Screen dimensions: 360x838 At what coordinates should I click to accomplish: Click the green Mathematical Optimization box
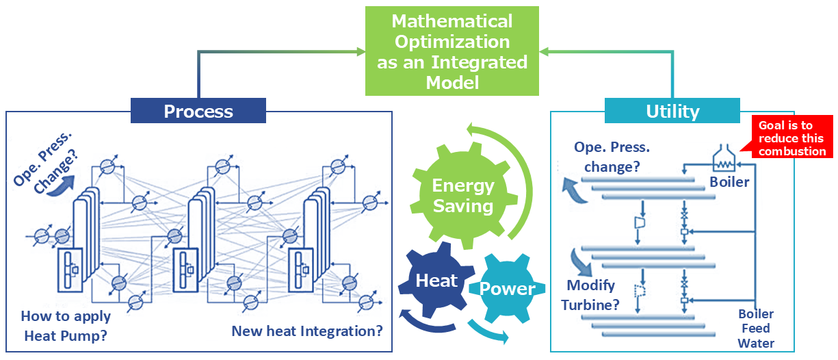[451, 51]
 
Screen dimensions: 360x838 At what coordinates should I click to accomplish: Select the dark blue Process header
[198, 111]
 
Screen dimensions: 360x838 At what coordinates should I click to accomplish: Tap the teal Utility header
[672, 111]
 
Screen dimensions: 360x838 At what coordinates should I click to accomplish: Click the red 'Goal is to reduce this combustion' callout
[791, 137]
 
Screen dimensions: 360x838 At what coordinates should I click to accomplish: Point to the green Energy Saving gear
[463, 195]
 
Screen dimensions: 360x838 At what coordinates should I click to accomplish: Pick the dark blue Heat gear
[436, 281]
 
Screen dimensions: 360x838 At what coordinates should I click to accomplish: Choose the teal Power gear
[507, 289]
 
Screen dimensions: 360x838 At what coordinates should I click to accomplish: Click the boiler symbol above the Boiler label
[723, 158]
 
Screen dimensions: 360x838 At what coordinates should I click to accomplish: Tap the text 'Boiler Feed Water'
[755, 329]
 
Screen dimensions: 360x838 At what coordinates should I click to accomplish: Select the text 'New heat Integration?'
[307, 331]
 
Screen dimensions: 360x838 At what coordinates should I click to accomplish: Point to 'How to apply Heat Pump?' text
[66, 326]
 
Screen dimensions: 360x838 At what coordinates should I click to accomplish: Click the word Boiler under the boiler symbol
[729, 182]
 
